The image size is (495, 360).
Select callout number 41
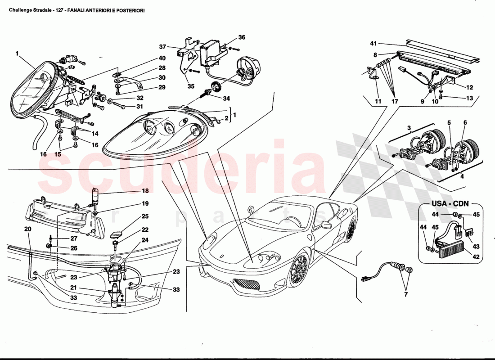(373, 44)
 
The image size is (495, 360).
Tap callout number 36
(242, 37)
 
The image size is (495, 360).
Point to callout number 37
(162, 47)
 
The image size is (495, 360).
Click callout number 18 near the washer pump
(145, 191)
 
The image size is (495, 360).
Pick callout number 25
(145, 216)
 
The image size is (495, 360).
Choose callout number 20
(28, 229)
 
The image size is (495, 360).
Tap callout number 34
(226, 98)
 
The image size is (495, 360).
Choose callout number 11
(378, 102)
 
